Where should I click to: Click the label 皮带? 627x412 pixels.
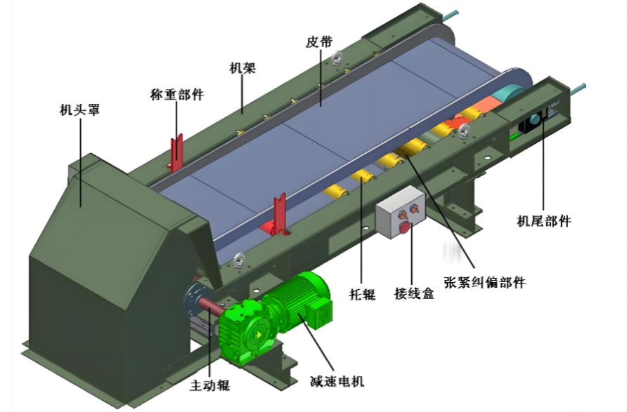coord(318,41)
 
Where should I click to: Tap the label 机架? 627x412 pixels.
coord(243,68)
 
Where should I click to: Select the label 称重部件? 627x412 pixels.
coord(177,95)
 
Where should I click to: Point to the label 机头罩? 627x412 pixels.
coord(79,109)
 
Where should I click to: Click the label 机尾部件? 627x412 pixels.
coord(544,220)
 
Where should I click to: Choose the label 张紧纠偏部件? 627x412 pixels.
coord(484,282)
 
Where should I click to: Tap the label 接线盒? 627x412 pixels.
coord(414,294)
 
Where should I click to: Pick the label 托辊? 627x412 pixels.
coord(362,294)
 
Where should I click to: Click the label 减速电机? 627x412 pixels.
coord(337,381)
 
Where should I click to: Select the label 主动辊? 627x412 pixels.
coord(210,385)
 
